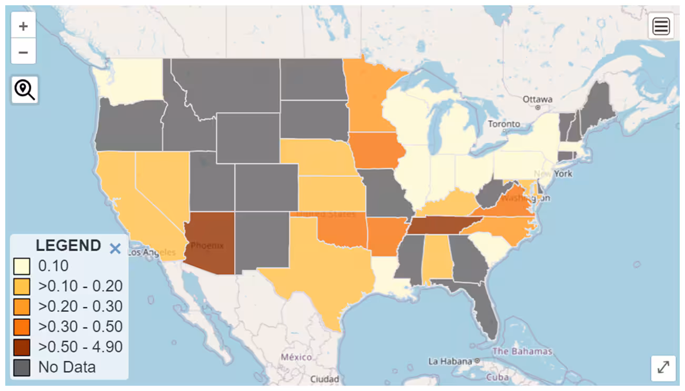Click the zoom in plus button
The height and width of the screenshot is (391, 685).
click(23, 26)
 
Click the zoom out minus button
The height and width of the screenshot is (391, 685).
click(23, 52)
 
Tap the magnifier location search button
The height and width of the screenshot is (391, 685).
click(24, 89)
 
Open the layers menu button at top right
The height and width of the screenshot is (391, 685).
click(661, 26)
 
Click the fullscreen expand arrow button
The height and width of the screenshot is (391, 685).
click(663, 367)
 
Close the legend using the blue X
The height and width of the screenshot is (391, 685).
click(115, 248)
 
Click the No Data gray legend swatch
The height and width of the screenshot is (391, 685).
click(22, 367)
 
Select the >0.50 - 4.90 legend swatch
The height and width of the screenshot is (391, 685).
click(22, 347)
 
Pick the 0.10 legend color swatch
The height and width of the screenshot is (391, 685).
click(22, 266)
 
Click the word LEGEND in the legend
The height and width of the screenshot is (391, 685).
click(68, 245)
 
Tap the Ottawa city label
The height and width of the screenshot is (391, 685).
click(537, 99)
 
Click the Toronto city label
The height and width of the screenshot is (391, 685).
click(503, 125)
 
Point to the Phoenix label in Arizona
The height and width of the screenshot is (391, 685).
click(207, 245)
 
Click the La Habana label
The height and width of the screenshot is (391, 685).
click(450, 361)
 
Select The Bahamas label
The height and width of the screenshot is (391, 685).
click(522, 351)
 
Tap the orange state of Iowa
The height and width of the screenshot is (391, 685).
click(376, 150)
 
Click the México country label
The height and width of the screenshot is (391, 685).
click(296, 357)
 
